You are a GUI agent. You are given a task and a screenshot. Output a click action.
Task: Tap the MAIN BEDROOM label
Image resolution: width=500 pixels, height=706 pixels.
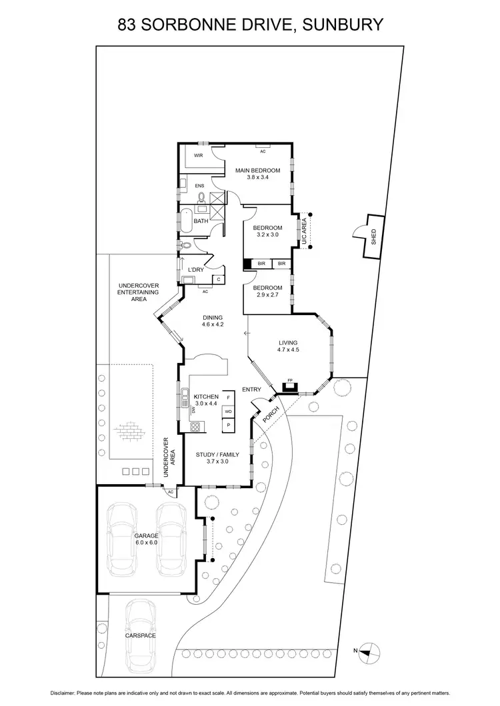click(x=258, y=171)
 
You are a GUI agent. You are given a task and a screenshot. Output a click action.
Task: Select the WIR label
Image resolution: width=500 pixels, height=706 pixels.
click(x=198, y=155)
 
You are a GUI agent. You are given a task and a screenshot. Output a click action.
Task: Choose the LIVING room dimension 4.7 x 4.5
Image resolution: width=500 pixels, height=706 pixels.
click(x=288, y=350)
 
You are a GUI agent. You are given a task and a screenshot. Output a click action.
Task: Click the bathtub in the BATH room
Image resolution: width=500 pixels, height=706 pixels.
click(x=185, y=221)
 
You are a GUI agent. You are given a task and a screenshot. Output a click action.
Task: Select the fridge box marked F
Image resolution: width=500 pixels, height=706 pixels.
click(x=228, y=398)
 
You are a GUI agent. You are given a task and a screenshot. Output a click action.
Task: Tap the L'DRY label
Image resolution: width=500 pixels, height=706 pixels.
click(x=195, y=269)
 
